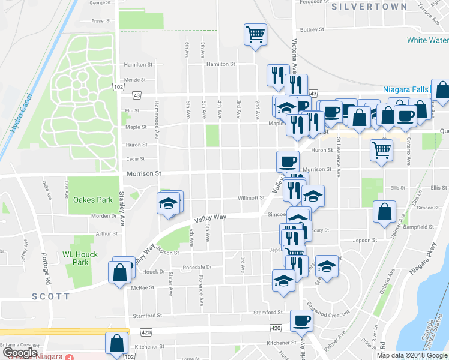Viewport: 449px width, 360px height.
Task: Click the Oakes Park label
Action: coord(92,200)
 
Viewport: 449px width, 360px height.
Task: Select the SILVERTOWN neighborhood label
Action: coord(362,7)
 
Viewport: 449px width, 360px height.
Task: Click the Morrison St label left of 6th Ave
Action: coord(144,173)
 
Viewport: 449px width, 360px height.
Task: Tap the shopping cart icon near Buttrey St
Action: coord(256,34)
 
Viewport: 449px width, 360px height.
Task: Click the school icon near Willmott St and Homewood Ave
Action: coord(169,203)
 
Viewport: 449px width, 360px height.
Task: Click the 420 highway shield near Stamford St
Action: coord(276,328)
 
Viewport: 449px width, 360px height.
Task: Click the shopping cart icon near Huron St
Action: coord(381,151)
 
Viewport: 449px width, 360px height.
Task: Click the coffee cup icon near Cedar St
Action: coord(288,161)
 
